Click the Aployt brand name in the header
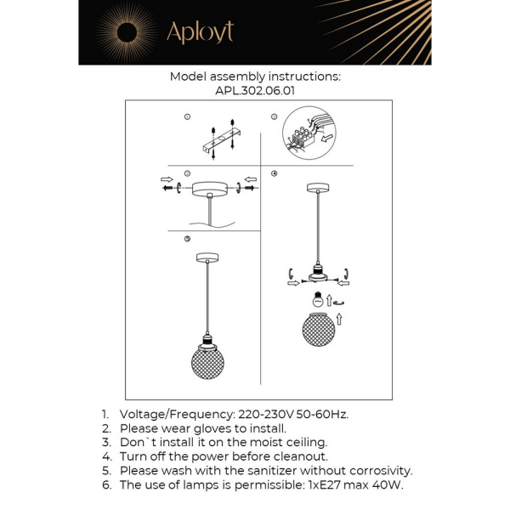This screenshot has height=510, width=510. pos(200,32)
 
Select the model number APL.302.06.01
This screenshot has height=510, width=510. pos(255,90)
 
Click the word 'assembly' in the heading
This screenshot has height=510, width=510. pos(238,76)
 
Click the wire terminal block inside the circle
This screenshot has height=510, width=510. pos(303,136)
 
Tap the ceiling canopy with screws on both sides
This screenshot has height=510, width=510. pos(208,189)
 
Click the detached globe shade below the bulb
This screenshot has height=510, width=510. pos(318,329)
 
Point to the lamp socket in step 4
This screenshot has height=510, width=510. pos(318,271)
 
